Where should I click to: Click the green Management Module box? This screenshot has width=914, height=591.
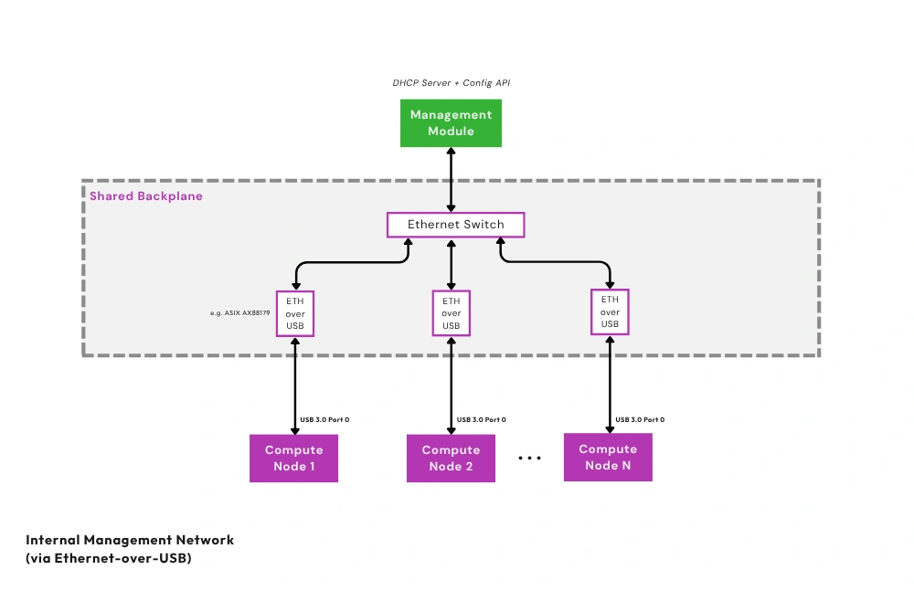click(452, 123)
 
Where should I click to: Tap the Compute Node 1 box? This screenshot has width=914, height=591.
click(293, 458)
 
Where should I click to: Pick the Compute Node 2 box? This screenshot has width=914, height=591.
click(451, 458)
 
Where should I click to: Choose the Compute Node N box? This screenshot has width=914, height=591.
click(608, 457)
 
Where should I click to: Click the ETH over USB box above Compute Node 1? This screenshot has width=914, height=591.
click(294, 313)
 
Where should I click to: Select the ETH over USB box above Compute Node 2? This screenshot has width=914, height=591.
click(452, 313)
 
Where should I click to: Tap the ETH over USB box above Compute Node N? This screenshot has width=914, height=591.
click(610, 311)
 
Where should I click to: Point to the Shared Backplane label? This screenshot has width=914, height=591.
click(146, 196)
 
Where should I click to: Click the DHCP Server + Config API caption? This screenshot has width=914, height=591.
click(452, 83)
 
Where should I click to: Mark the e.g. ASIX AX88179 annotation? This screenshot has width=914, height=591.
click(239, 313)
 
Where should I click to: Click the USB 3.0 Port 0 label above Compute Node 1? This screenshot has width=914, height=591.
click(324, 420)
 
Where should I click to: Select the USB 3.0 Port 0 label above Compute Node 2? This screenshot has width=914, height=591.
click(482, 420)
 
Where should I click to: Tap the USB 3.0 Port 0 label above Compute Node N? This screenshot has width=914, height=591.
click(640, 420)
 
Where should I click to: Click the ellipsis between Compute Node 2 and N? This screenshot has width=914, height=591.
click(530, 458)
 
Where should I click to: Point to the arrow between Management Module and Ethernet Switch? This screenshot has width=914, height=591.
click(452, 180)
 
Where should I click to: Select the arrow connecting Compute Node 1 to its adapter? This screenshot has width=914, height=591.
click(294, 384)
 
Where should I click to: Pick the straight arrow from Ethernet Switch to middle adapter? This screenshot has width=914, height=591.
click(452, 263)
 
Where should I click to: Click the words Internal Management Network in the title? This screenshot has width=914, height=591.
click(130, 540)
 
